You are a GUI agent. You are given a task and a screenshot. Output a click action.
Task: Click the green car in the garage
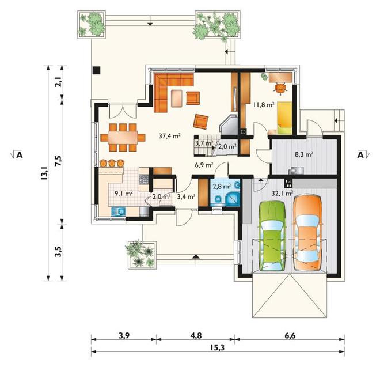272,236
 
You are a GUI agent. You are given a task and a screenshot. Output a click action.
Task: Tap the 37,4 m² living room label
170,136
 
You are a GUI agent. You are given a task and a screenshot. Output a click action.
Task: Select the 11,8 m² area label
264,104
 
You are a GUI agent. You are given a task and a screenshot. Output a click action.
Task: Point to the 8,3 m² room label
304,154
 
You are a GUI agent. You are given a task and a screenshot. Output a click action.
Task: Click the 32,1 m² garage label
282,193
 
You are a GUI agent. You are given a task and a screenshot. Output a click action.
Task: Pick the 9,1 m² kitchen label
124,194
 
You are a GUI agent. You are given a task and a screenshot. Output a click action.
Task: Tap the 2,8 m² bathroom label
222,187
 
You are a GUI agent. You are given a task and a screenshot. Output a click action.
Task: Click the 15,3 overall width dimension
218,347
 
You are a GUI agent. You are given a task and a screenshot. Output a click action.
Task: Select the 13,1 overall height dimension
44,173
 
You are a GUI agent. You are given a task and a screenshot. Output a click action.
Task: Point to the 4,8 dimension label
196,336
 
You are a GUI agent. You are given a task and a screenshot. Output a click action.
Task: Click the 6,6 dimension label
290,336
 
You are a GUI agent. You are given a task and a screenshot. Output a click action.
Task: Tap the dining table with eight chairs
123,138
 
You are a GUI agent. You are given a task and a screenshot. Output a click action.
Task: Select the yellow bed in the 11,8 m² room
284,118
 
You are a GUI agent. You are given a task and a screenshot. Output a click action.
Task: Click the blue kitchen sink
118,211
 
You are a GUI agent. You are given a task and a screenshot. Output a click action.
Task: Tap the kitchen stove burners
143,180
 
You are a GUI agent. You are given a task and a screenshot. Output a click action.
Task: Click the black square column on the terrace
97,70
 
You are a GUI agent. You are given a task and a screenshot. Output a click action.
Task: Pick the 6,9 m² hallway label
204,165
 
